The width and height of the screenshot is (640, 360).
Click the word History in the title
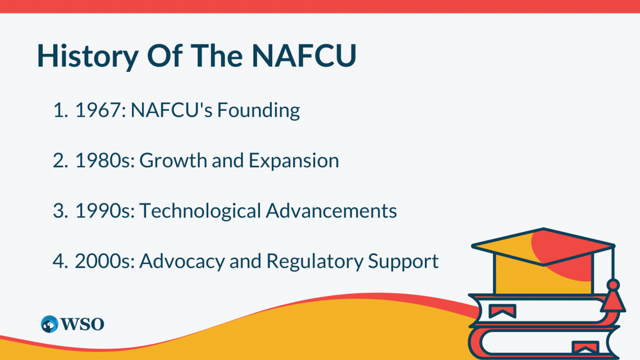pos(88,56)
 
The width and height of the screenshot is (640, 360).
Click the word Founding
pos(258,111)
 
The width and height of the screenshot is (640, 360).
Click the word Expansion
pos(294,161)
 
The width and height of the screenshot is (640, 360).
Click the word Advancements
pos(331,211)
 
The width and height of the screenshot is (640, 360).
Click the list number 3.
pos(60,211)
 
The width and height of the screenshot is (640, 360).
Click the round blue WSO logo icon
pos(49,324)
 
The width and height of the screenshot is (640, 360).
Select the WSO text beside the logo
pos(83,325)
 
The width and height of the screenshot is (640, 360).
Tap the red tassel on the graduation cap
pos(612,297)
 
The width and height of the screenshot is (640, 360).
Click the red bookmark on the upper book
pos(502,311)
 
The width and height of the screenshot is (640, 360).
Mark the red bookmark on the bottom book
pos(586,348)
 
